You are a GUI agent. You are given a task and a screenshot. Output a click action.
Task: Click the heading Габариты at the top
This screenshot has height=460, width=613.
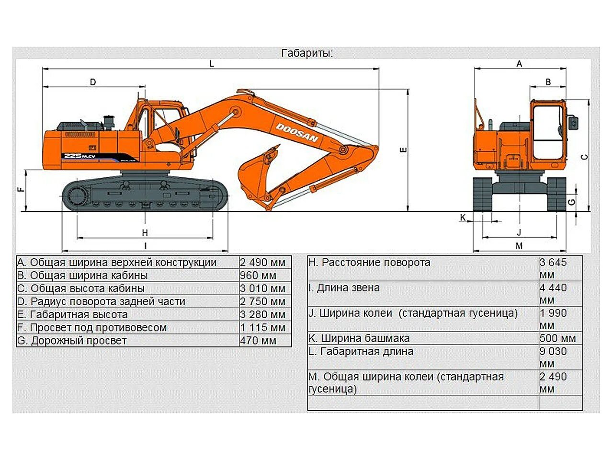(x=307, y=53)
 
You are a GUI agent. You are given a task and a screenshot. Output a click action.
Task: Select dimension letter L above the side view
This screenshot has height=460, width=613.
(x=212, y=64)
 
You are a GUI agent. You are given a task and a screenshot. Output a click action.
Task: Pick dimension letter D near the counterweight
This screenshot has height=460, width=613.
(x=93, y=82)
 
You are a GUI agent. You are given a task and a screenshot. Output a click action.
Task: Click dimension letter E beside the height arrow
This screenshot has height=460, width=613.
(x=403, y=150)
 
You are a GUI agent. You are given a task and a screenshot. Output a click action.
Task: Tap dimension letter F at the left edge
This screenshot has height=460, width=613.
(x=21, y=189)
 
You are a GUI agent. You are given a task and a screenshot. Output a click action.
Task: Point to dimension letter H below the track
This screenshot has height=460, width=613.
(x=145, y=233)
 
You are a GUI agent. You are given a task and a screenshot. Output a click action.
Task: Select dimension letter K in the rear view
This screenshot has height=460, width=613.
(x=463, y=218)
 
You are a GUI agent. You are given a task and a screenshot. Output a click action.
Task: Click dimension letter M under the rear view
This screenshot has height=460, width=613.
(x=519, y=246)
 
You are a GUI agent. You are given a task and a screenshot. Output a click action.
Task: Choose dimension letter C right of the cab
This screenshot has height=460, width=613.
(x=584, y=157)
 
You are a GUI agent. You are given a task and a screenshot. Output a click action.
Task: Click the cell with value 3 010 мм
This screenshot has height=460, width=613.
(x=263, y=288)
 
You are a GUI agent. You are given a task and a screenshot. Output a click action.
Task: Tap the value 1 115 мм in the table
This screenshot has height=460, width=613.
(x=263, y=328)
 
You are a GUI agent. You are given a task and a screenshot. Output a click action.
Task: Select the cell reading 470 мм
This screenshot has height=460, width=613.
(x=259, y=341)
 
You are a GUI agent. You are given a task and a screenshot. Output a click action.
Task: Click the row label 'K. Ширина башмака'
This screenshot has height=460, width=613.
(x=359, y=338)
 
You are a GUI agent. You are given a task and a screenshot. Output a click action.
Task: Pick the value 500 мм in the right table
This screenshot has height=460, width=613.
(x=557, y=338)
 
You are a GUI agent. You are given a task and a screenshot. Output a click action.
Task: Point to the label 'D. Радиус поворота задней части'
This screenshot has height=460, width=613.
(x=101, y=301)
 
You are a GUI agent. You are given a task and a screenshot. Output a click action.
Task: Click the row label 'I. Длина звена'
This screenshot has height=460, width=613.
(x=344, y=288)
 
